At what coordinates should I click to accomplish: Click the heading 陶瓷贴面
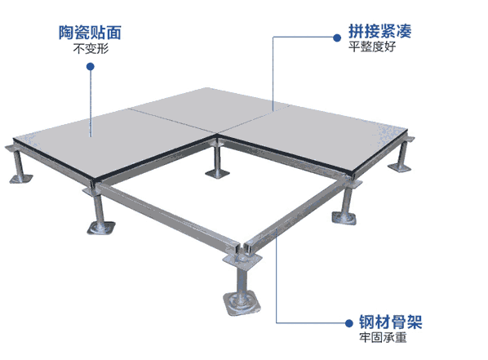(90, 33)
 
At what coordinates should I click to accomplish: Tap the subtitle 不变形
(91, 49)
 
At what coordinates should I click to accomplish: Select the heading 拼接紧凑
(379, 31)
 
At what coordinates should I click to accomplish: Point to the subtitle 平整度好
(372, 47)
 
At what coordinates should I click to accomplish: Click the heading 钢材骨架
(391, 322)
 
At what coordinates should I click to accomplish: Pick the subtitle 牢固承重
(383, 337)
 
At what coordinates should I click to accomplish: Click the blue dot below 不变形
(91, 66)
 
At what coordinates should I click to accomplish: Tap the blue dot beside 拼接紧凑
(337, 38)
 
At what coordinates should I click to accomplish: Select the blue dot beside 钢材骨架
(349, 323)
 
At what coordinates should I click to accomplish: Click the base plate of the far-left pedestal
(21, 179)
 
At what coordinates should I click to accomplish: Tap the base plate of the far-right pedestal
(399, 167)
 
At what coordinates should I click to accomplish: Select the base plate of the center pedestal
(218, 173)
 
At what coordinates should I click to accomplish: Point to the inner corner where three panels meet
(218, 135)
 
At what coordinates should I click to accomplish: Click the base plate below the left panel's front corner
(101, 228)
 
